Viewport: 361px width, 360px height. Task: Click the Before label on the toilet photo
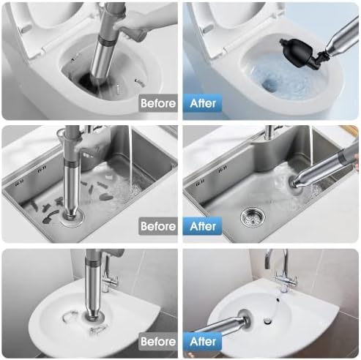158,103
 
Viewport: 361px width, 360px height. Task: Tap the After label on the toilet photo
202,103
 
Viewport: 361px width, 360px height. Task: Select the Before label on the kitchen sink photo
158,226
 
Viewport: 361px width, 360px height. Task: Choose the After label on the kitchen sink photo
202,226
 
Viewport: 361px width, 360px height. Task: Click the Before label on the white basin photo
158,341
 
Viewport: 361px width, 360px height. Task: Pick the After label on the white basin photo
202,341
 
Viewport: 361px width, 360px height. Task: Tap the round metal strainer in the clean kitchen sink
253,216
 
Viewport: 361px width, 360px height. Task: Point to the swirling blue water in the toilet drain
269,85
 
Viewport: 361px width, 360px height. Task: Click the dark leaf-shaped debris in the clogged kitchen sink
107,197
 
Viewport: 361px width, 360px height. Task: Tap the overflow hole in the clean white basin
278,299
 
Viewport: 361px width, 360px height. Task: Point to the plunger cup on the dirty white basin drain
93,318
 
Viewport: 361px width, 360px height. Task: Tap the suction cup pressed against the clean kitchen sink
296,185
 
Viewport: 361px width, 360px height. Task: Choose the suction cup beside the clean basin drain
245,320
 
